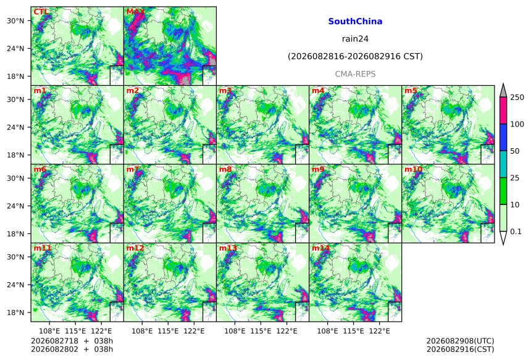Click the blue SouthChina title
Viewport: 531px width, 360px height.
(355, 22)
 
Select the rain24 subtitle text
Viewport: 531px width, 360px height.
(355, 39)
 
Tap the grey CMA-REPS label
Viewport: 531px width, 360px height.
(355, 74)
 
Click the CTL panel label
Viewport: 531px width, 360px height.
(41, 12)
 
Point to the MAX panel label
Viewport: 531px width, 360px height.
(135, 12)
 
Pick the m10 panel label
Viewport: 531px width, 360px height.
(413, 169)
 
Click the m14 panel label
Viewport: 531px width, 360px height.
(320, 248)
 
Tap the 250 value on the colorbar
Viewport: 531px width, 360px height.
(517, 98)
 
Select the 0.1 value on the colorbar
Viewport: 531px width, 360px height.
(516, 232)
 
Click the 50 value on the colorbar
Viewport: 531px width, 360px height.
(515, 151)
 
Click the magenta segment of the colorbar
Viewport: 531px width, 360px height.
(503, 111)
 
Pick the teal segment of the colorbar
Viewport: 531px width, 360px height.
(503, 164)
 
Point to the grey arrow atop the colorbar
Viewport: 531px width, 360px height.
(503, 91)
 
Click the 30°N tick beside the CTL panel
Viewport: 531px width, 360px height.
(15, 20)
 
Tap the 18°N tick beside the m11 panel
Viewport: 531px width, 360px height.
(15, 312)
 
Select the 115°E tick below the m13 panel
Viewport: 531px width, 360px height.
(261, 331)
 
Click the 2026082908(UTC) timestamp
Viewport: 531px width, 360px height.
(460, 341)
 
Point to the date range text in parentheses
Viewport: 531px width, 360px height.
(355, 56)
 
